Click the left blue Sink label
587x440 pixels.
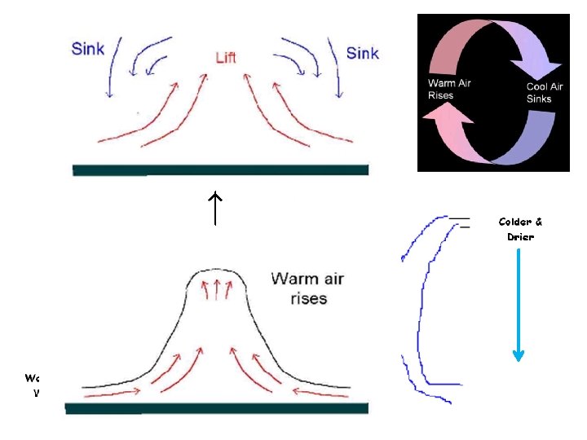pyautogui.click(x=87, y=49)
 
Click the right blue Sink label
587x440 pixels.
pyautogui.click(x=362, y=53)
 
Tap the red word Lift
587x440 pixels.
pyautogui.click(x=226, y=58)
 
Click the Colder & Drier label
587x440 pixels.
pyautogui.click(x=520, y=228)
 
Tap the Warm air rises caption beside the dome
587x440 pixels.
pyautogui.click(x=307, y=288)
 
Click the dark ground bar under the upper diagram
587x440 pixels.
pyautogui.click(x=220, y=169)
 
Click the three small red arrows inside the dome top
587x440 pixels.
pyautogui.click(x=218, y=286)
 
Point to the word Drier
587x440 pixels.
pyautogui.click(x=520, y=236)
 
